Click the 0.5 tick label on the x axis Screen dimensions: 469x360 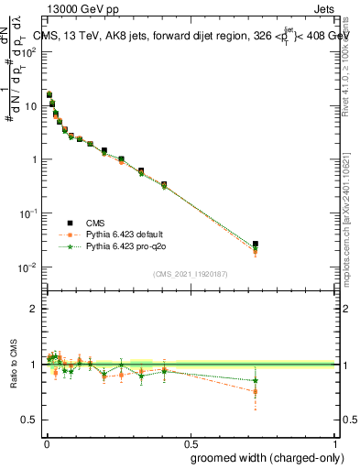(190, 443)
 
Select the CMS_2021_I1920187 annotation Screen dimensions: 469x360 (190, 274)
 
